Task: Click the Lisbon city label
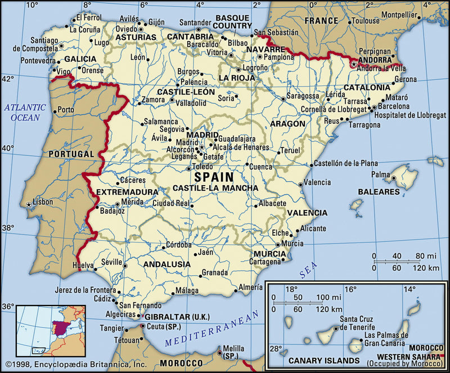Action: click(43, 201)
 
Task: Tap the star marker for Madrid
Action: click(202, 147)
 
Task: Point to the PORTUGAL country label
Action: click(70, 154)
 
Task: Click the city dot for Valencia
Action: click(300, 183)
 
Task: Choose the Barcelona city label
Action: click(394, 106)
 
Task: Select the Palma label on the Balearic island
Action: click(381, 174)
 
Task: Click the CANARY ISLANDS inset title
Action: click(323, 360)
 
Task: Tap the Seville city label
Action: click(111, 262)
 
